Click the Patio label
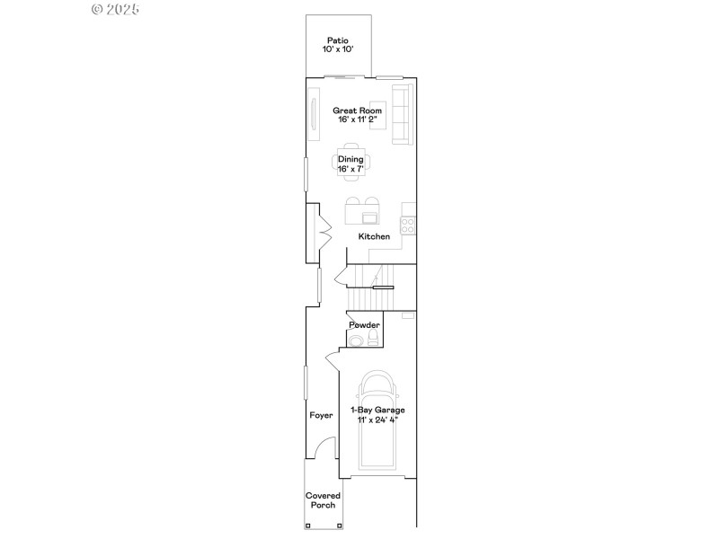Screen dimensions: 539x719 click(337, 40)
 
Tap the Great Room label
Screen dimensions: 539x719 click(358, 110)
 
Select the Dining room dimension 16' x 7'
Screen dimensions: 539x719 click(351, 169)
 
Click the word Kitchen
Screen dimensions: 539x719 click(374, 237)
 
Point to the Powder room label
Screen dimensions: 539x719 click(364, 325)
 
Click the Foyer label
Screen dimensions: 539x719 click(321, 416)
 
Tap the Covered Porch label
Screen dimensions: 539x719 click(323, 500)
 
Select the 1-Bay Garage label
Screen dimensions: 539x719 click(377, 410)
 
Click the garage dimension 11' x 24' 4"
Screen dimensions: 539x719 click(377, 420)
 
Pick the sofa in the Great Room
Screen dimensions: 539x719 click(401, 115)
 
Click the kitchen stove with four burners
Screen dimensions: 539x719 click(408, 224)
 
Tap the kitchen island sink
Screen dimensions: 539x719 click(369, 216)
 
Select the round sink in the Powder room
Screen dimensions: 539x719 click(356, 340)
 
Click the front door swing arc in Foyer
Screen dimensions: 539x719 click(325, 446)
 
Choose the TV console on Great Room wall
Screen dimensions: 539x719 click(314, 115)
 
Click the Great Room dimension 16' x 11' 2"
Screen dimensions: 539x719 click(358, 119)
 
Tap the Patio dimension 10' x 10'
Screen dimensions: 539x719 click(337, 49)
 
